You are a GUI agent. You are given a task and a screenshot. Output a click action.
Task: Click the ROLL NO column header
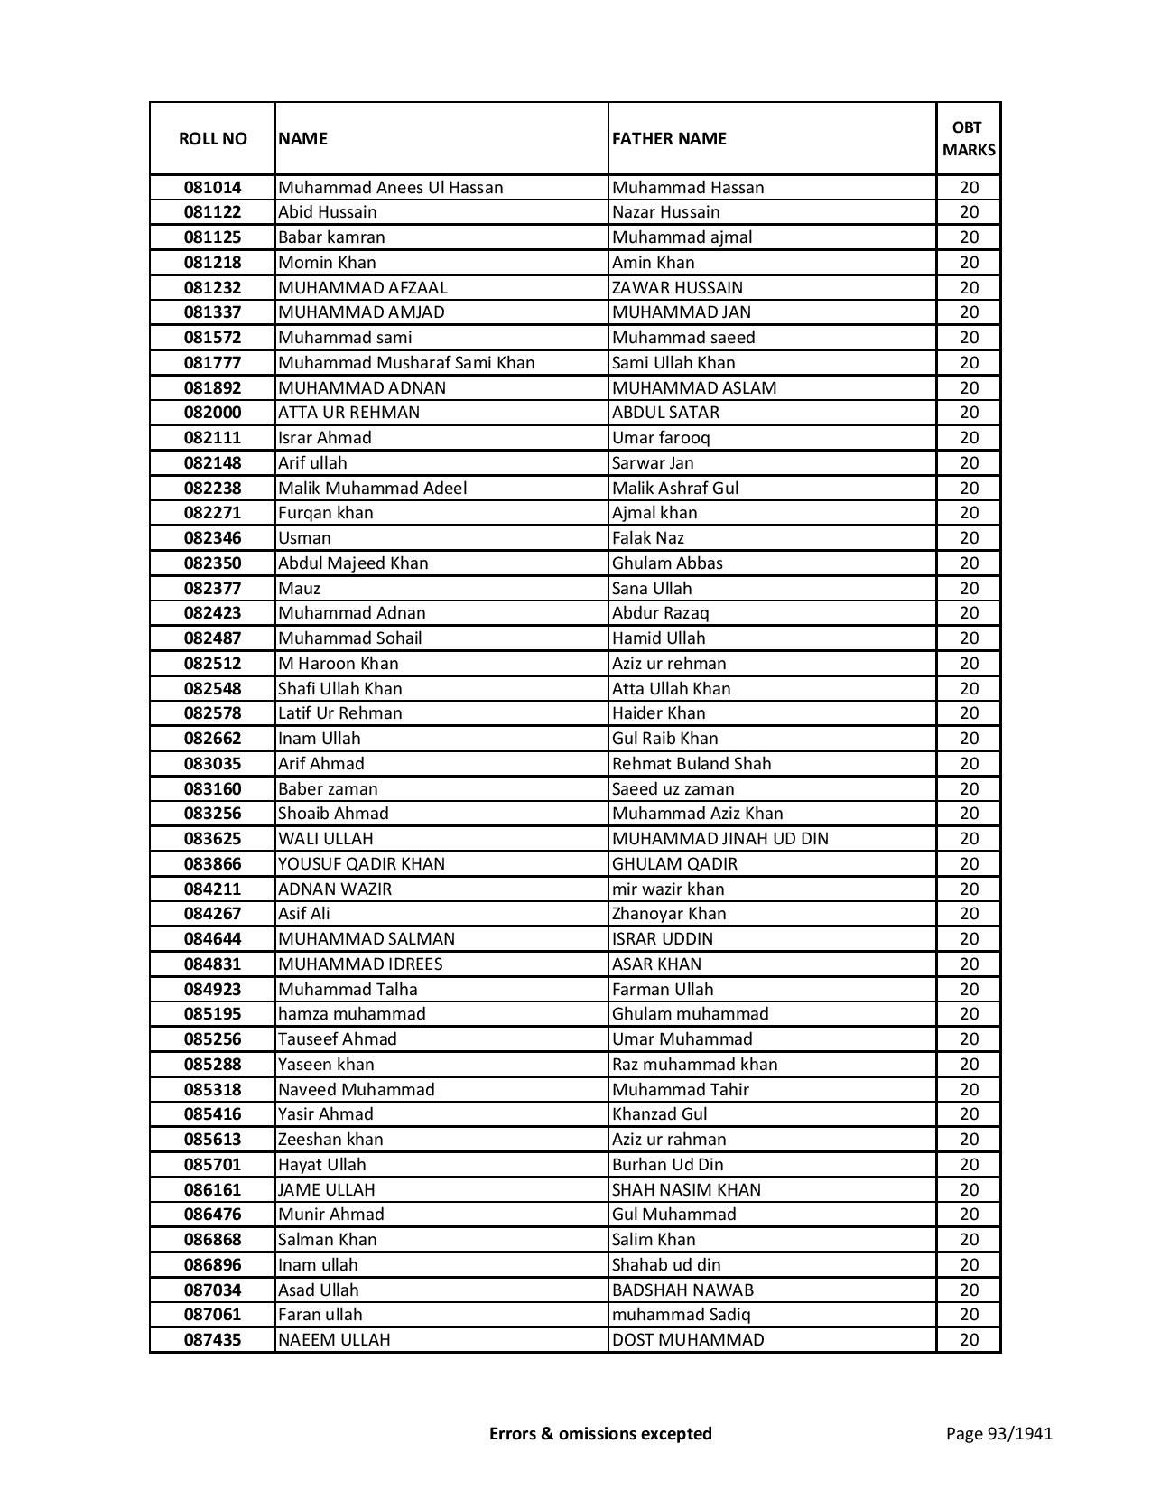[x=212, y=139]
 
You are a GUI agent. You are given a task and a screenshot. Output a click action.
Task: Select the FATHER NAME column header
[x=669, y=139]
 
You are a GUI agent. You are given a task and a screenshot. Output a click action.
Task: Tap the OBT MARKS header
[x=969, y=139]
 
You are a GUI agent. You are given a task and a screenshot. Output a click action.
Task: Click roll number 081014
[x=212, y=188]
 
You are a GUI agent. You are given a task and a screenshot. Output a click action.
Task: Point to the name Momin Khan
[x=327, y=263]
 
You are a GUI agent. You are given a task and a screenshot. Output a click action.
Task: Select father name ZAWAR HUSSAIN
[x=677, y=288]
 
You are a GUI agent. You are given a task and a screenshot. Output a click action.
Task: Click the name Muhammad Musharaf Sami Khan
[x=406, y=363]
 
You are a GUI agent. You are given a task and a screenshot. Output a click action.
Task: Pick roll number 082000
[x=212, y=413]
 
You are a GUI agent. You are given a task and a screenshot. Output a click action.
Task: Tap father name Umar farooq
[x=661, y=438]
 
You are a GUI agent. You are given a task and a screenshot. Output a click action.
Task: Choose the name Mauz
[x=299, y=589]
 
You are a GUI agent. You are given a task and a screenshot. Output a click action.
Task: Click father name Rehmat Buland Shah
[x=692, y=764]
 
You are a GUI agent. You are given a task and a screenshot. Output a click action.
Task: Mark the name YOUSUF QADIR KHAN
[x=361, y=864]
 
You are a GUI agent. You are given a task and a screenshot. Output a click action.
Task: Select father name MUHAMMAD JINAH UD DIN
[x=719, y=839]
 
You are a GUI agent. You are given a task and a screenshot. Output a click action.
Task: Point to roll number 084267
[x=212, y=914]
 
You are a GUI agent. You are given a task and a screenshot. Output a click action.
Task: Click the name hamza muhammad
[x=351, y=1014]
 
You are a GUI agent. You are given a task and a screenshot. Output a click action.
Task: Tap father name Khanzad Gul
[x=659, y=1114]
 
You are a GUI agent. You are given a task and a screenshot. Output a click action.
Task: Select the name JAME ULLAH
[x=326, y=1190]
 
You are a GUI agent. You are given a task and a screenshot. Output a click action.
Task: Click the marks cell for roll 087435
[x=969, y=1340]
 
